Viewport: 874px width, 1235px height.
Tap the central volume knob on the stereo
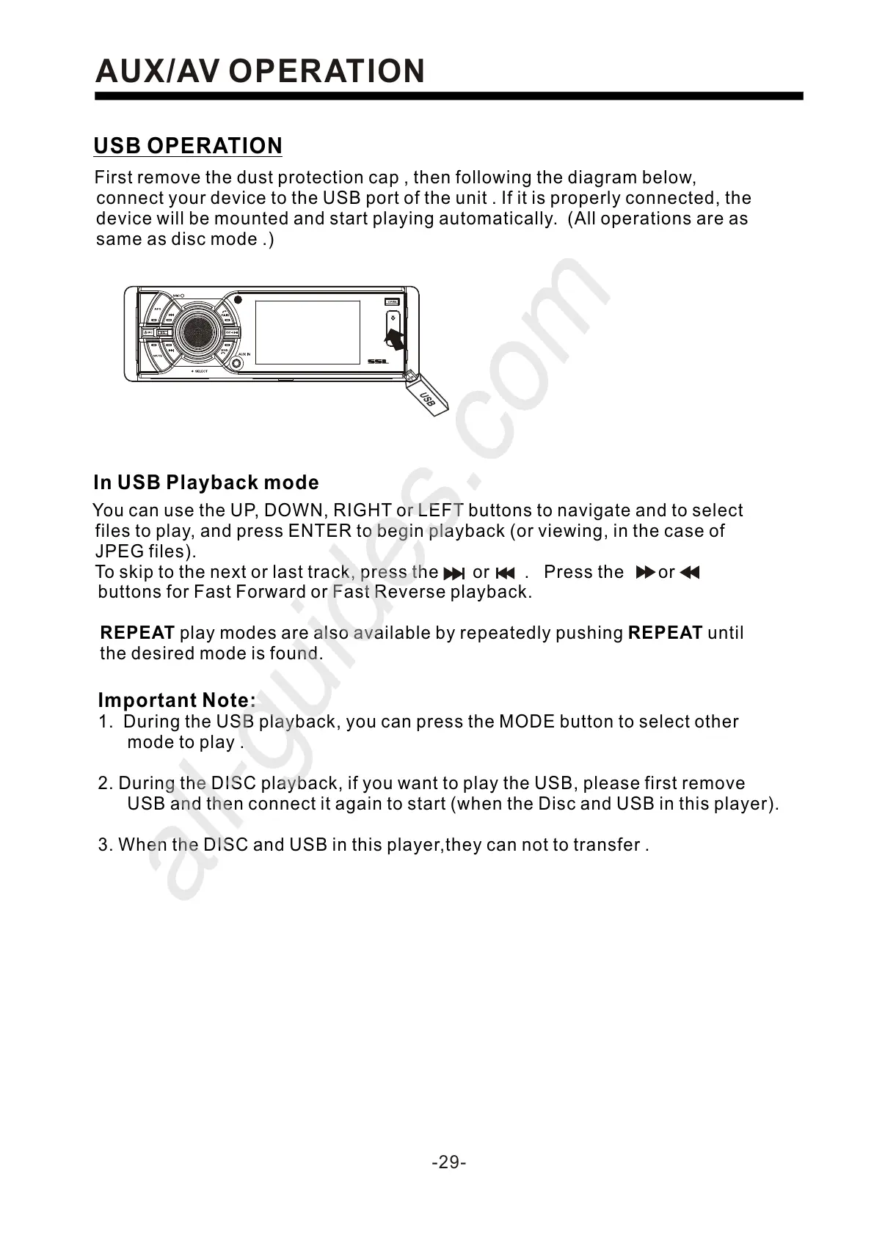(x=197, y=333)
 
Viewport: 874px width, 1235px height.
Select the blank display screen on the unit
(x=307, y=332)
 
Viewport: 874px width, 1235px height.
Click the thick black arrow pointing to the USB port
(x=394, y=338)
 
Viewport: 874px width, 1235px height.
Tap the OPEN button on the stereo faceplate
(x=393, y=301)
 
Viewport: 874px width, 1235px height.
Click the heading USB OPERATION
(x=188, y=146)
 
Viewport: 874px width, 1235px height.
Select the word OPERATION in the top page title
(x=327, y=72)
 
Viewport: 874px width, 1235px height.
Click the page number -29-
(x=449, y=1162)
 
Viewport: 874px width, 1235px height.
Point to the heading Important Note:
(x=177, y=700)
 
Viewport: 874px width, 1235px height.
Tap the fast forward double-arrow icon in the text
(x=645, y=572)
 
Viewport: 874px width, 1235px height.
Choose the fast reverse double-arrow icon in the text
(x=690, y=572)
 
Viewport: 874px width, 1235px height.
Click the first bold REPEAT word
(x=137, y=633)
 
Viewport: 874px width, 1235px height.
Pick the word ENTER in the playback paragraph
(x=320, y=531)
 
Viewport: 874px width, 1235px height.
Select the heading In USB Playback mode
(x=206, y=483)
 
